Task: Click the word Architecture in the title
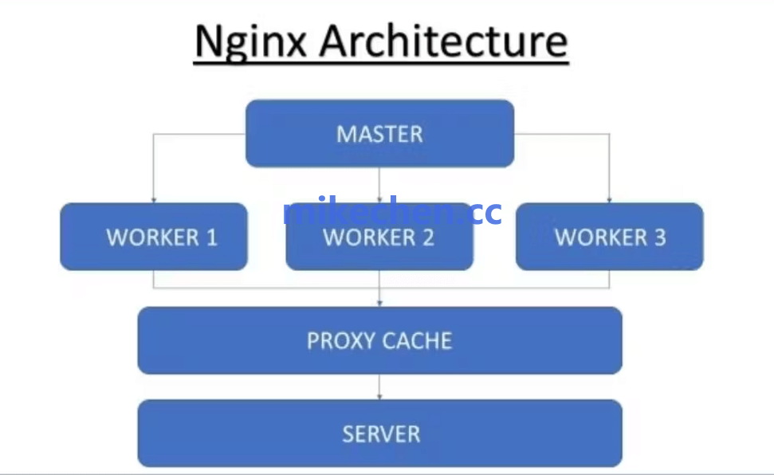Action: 444,41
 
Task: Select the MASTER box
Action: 379,133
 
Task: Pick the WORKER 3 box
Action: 610,237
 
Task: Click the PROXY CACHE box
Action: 379,340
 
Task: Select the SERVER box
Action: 379,434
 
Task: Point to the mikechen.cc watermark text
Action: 392,212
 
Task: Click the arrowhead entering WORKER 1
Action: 154,200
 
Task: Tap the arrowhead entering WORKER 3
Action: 610,200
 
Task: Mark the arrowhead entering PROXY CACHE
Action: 379,304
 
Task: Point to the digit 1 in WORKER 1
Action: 211,237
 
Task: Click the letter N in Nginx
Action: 208,43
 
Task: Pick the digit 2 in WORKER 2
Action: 428,237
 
